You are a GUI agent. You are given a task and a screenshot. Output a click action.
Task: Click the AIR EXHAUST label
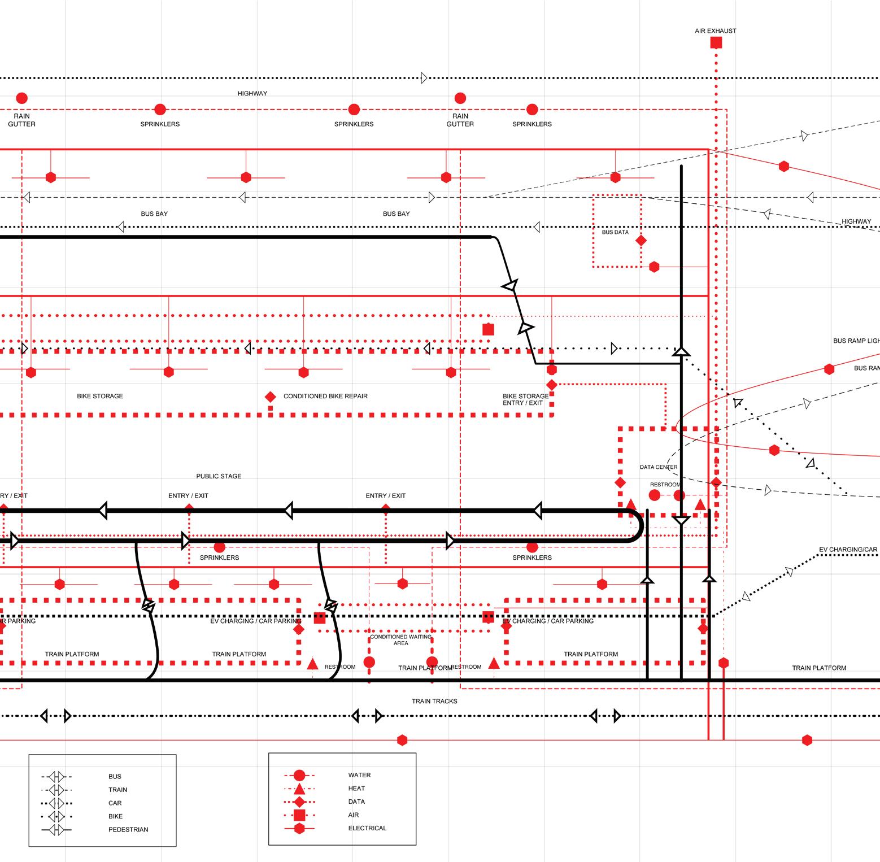(715, 31)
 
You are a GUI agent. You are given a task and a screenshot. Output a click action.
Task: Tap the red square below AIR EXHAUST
(716, 42)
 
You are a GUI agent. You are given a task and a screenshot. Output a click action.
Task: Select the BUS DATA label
(615, 232)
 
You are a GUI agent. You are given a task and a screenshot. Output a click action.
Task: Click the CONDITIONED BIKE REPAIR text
(325, 396)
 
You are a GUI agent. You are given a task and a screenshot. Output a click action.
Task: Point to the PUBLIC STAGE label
(219, 476)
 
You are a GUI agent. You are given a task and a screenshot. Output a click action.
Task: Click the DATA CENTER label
(659, 467)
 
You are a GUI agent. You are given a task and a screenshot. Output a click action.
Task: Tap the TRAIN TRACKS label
(434, 701)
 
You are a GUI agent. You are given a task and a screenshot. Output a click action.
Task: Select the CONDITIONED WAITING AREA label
(400, 640)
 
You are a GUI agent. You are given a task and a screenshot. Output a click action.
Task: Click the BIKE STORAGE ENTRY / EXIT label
(525, 399)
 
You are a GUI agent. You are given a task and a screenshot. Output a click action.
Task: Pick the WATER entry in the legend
(359, 775)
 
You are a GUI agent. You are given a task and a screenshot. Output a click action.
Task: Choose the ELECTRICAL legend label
(367, 828)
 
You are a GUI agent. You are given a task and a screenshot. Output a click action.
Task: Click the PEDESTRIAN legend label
(128, 830)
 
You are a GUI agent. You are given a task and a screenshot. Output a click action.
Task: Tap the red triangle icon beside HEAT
(299, 789)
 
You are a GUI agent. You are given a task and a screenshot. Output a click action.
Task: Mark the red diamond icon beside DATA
(299, 802)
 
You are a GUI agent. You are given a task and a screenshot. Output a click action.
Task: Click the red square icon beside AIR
(299, 815)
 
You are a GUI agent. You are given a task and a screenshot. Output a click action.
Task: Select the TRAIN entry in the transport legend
(118, 790)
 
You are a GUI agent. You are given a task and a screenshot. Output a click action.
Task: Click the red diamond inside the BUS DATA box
(641, 241)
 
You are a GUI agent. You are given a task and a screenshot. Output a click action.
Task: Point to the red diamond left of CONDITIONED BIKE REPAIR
(271, 397)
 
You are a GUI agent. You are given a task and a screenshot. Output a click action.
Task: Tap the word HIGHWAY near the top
(252, 93)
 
